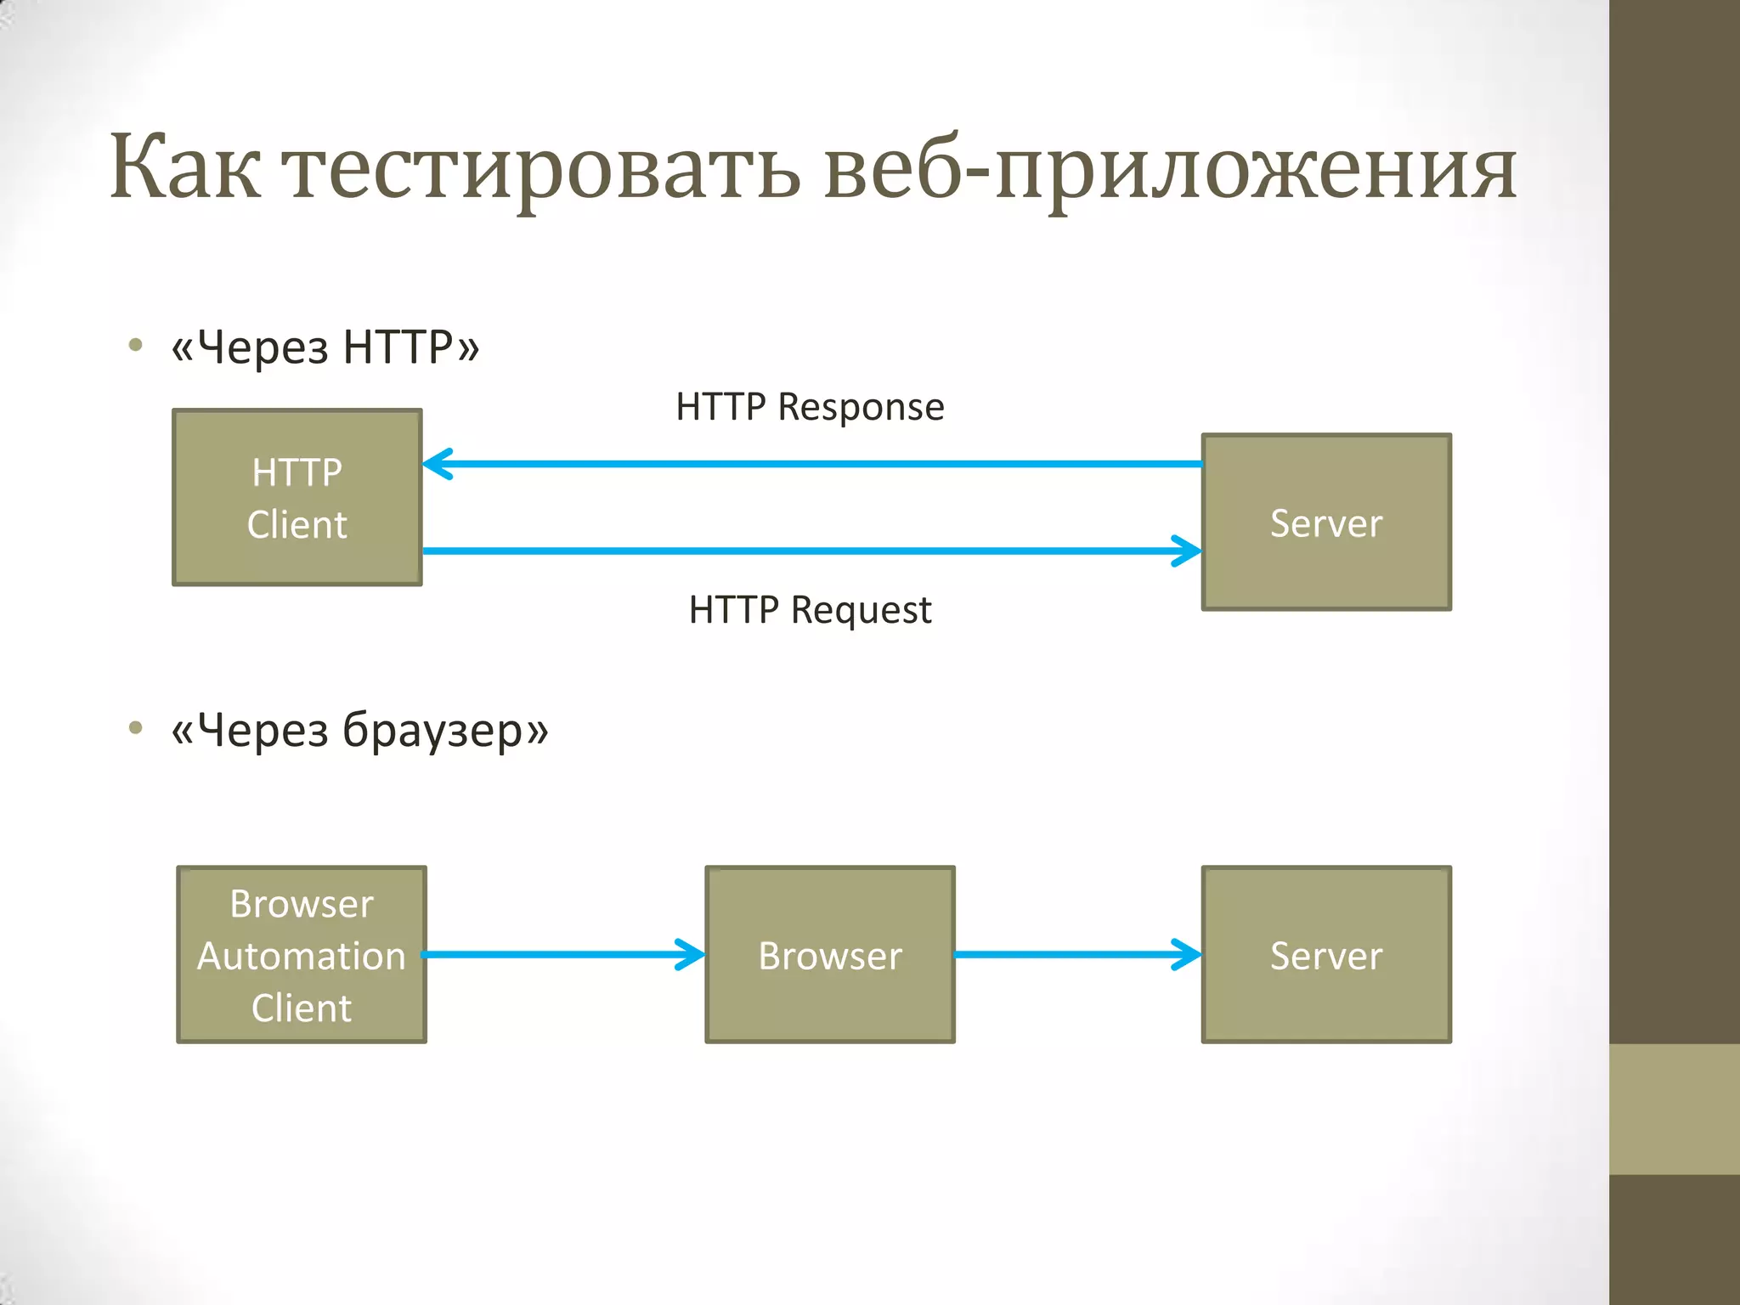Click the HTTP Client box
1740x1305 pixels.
point(297,498)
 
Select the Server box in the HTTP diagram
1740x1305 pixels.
point(1326,523)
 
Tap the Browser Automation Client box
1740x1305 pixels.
point(302,955)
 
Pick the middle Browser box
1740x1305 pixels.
point(830,955)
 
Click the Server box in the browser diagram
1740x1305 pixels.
point(1326,955)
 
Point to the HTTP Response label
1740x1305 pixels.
point(810,407)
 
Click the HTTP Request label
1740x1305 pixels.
point(810,610)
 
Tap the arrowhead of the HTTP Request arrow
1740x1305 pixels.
point(1188,551)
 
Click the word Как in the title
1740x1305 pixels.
point(185,167)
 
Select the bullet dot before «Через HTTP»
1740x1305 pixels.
point(135,345)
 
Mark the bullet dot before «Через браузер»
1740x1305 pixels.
point(135,727)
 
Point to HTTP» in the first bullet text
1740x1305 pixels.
point(411,347)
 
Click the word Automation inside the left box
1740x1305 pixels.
point(302,956)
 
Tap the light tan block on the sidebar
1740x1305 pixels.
point(1674,1109)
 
